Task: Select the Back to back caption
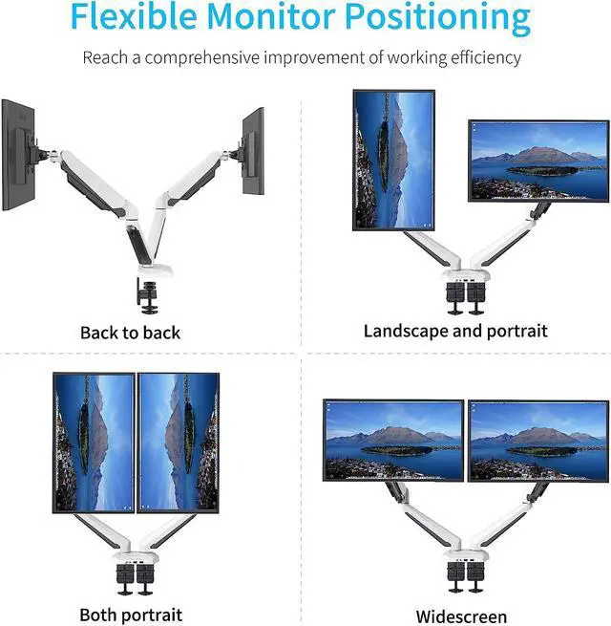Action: click(130, 333)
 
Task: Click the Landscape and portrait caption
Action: click(455, 331)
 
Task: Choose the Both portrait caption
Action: click(131, 614)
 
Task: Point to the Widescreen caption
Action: click(462, 615)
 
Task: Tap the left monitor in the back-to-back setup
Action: click(19, 158)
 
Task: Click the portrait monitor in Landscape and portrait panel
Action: click(393, 160)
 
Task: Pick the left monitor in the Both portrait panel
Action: click(94, 443)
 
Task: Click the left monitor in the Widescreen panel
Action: click(393, 440)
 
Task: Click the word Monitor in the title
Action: click(282, 18)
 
